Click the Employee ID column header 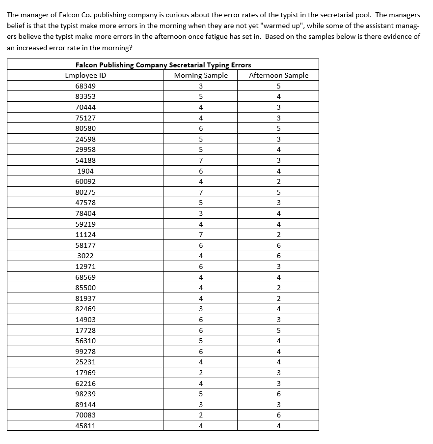tap(85, 75)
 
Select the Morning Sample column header tap(201, 75)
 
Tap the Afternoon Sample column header tap(278, 75)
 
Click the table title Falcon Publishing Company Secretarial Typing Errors tap(163, 64)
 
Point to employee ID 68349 tap(85, 86)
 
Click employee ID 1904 tap(85, 171)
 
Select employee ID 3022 tap(85, 256)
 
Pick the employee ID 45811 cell tap(85, 426)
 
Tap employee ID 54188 tap(85, 160)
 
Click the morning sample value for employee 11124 tap(201, 235)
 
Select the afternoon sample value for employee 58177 tap(278, 245)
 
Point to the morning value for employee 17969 tap(201, 373)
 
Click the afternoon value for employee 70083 tap(278, 415)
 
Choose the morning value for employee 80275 tap(201, 192)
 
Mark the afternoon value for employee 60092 tap(278, 181)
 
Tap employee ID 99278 tap(85, 352)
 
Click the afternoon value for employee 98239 tap(278, 394)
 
